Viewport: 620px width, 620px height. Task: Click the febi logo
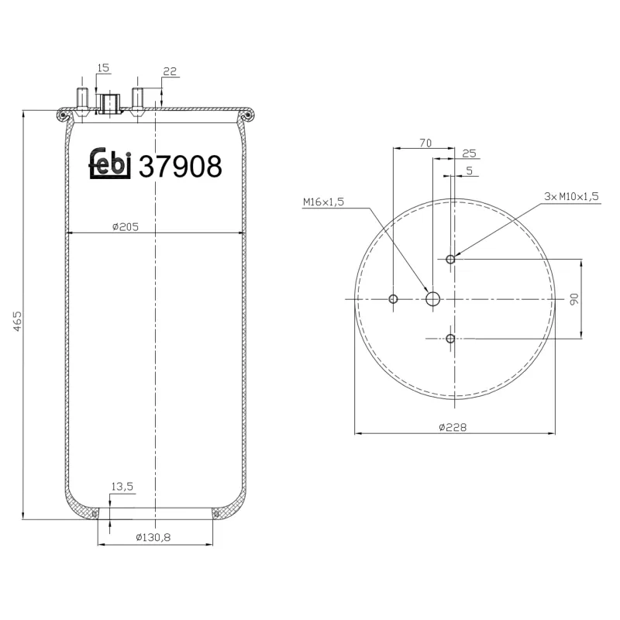coord(109,164)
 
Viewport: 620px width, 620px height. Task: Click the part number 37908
coord(180,166)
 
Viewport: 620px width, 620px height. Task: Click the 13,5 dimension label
coord(122,486)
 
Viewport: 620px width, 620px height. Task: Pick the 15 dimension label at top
coord(102,68)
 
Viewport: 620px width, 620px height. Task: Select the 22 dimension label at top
coord(170,71)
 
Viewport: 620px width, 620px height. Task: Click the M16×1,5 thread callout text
coord(323,202)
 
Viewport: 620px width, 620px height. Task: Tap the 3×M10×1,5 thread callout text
coord(571,197)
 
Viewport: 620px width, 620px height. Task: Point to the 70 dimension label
coord(425,142)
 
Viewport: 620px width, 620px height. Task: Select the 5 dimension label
coord(469,170)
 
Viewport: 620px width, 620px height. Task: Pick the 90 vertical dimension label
coord(574,299)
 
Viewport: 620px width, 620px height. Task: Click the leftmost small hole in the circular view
coord(394,299)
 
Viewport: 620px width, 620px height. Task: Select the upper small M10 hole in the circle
coord(450,259)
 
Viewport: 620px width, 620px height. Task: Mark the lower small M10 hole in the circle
coord(450,338)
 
